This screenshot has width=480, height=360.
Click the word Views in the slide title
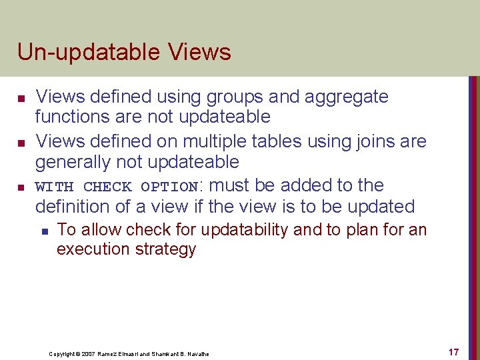(200, 52)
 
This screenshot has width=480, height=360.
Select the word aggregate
(346, 97)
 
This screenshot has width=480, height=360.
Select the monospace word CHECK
(107, 186)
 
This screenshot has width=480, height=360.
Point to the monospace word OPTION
(169, 186)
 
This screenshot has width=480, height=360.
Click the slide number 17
(453, 352)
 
